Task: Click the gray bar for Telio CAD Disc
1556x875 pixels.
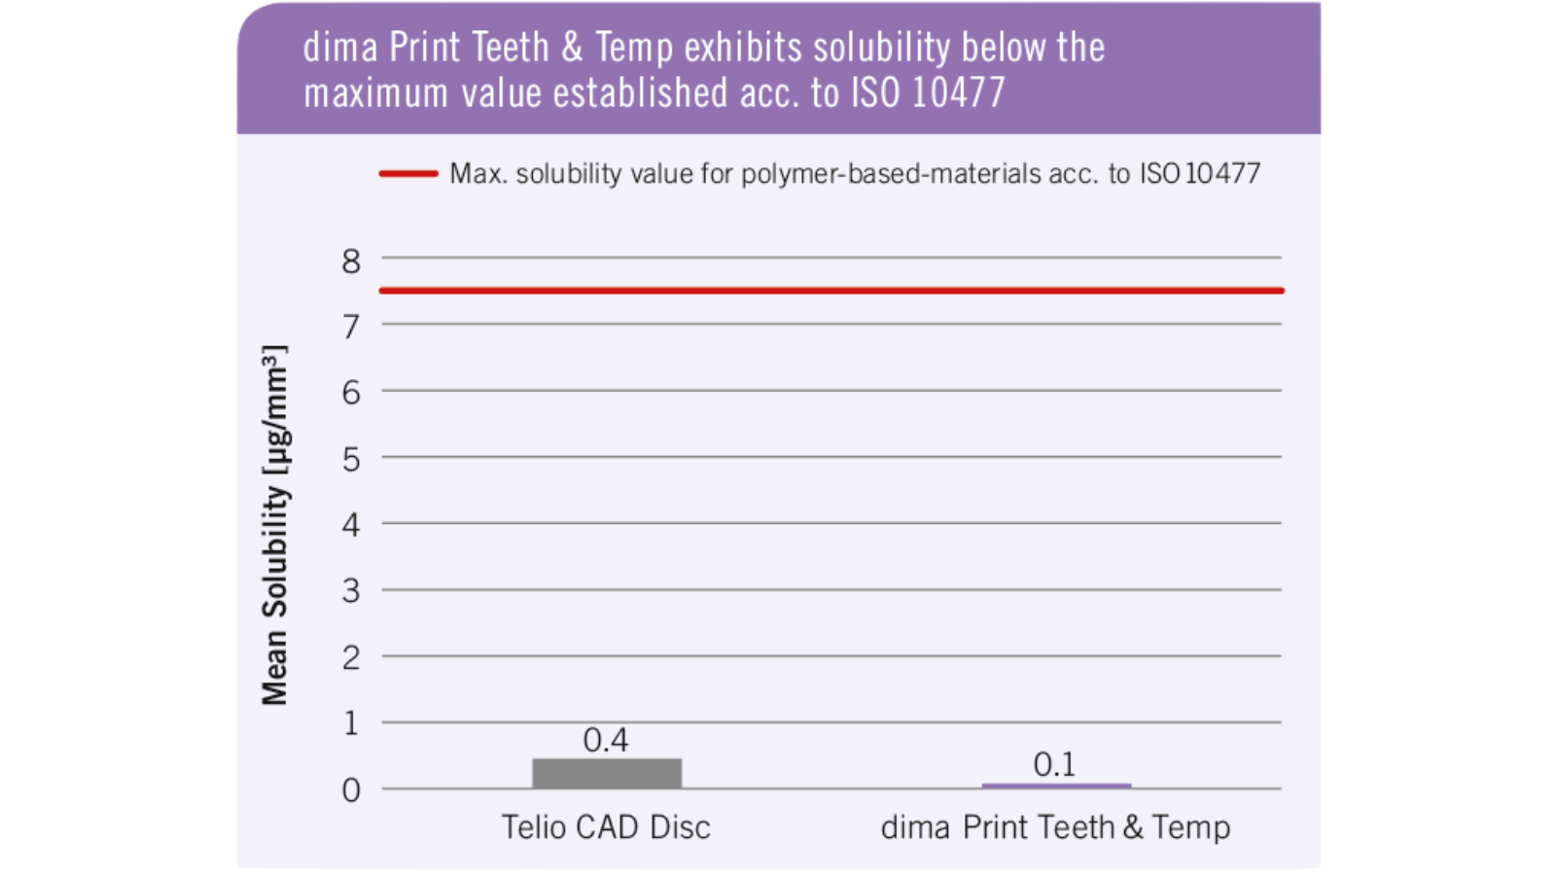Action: coord(606,773)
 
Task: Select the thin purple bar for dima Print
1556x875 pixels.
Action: coord(1055,785)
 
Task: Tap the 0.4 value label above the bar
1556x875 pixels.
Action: coord(605,741)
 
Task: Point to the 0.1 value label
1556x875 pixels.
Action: coord(1054,765)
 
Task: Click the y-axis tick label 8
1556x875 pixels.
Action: coord(351,261)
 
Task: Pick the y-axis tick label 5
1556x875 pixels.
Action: coord(351,459)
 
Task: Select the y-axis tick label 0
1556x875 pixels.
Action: coord(351,790)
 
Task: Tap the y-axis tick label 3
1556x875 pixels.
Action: coord(351,591)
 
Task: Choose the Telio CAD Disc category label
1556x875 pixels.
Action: coord(606,827)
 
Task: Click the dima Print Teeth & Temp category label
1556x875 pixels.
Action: coord(1055,827)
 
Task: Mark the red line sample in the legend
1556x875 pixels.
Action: coord(408,174)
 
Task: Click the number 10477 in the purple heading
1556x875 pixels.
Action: coord(958,93)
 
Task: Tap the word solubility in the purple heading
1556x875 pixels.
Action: coord(881,48)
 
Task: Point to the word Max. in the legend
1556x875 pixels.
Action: coord(477,174)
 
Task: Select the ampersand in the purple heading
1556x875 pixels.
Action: coord(572,48)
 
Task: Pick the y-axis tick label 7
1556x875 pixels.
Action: coord(351,327)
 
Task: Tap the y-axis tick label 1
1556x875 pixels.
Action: coord(351,723)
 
